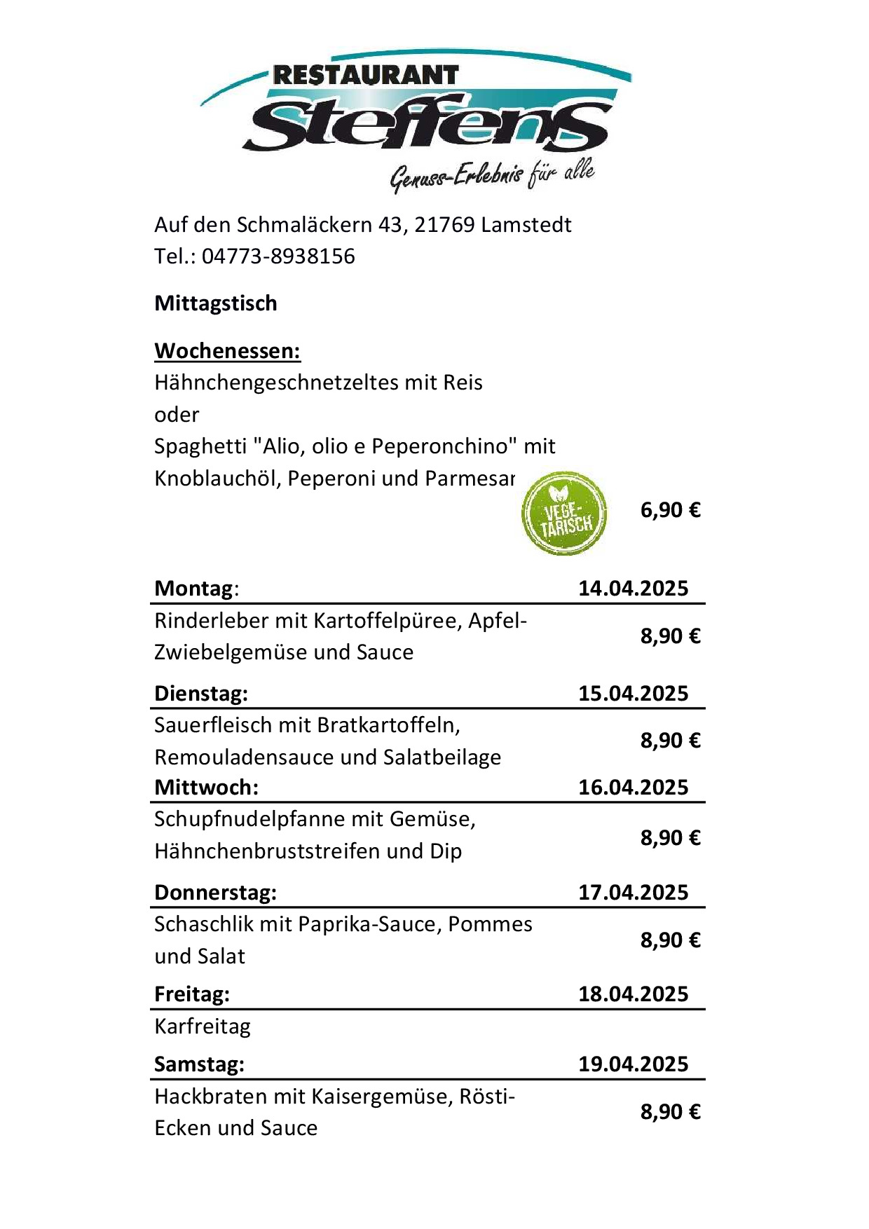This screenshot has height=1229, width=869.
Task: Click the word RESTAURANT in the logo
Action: (365, 75)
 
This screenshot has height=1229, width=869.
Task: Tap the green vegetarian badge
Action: (564, 514)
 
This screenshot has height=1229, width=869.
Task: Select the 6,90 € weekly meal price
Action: (670, 510)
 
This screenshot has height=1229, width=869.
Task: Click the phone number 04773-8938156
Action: (278, 256)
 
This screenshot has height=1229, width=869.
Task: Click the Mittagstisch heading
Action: (216, 303)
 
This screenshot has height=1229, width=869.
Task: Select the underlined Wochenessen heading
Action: (227, 350)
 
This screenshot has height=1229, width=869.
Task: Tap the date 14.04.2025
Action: (633, 588)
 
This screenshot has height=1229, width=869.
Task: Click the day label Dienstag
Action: (200, 694)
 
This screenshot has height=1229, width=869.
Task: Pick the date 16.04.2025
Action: (633, 788)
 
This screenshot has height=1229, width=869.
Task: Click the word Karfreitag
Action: (203, 1027)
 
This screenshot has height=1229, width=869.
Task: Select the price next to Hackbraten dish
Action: (670, 1112)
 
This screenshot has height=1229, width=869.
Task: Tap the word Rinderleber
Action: (211, 621)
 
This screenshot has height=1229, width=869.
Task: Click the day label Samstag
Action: (199, 1064)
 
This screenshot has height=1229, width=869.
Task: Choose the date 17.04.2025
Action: (633, 893)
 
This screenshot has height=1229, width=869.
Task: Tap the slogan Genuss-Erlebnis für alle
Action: (492, 175)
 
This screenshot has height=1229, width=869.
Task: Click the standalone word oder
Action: (177, 415)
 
